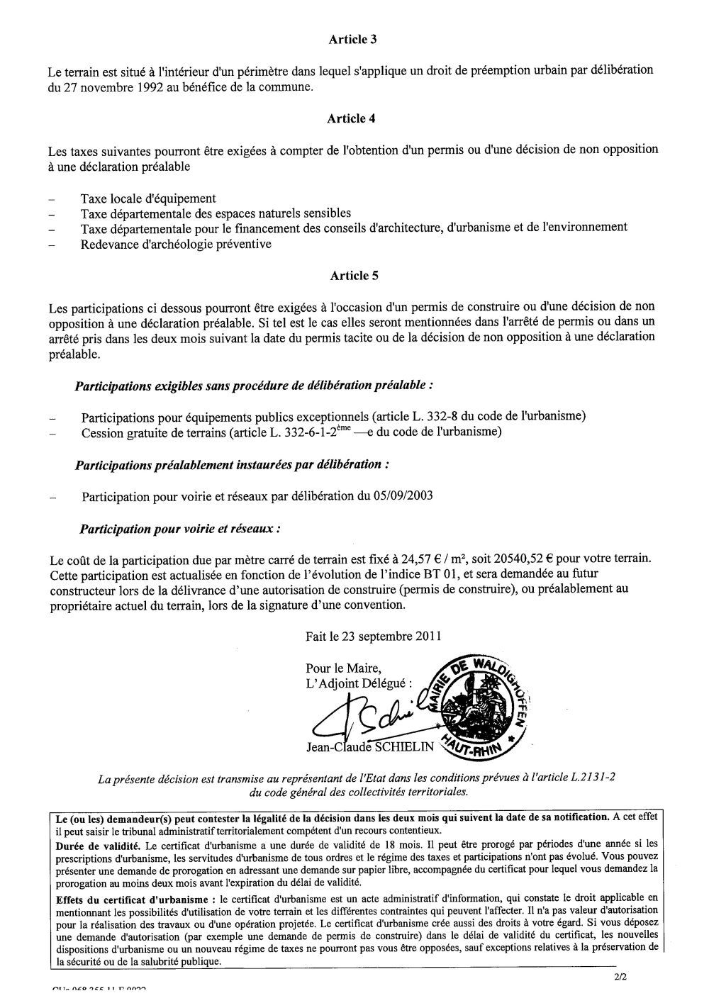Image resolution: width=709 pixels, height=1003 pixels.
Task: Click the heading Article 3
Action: click(352, 40)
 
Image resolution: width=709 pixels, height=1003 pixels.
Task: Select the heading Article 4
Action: click(352, 118)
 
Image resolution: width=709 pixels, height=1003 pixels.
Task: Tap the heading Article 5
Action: click(352, 276)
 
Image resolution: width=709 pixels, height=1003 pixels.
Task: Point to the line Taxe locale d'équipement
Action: click(148, 198)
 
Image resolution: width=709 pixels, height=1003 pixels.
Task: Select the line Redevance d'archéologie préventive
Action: click(176, 244)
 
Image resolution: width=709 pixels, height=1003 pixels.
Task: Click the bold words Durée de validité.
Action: click(97, 846)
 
